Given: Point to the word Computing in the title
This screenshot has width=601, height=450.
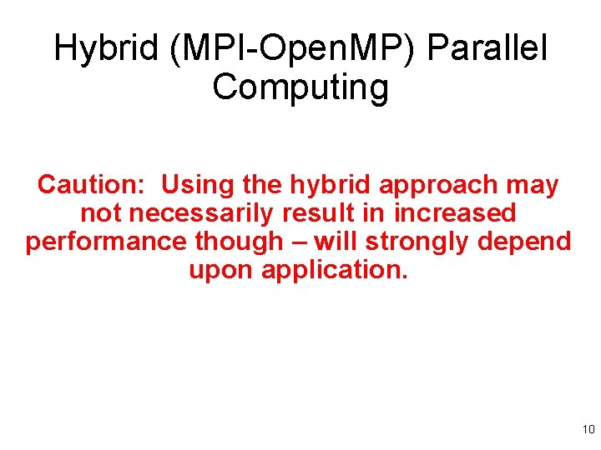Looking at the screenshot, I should click(300, 87).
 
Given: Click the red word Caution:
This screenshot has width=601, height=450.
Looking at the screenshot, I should click(92, 184).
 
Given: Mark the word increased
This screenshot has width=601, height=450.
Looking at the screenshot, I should click(455, 212).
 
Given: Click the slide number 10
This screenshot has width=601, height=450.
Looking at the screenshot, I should click(588, 430).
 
